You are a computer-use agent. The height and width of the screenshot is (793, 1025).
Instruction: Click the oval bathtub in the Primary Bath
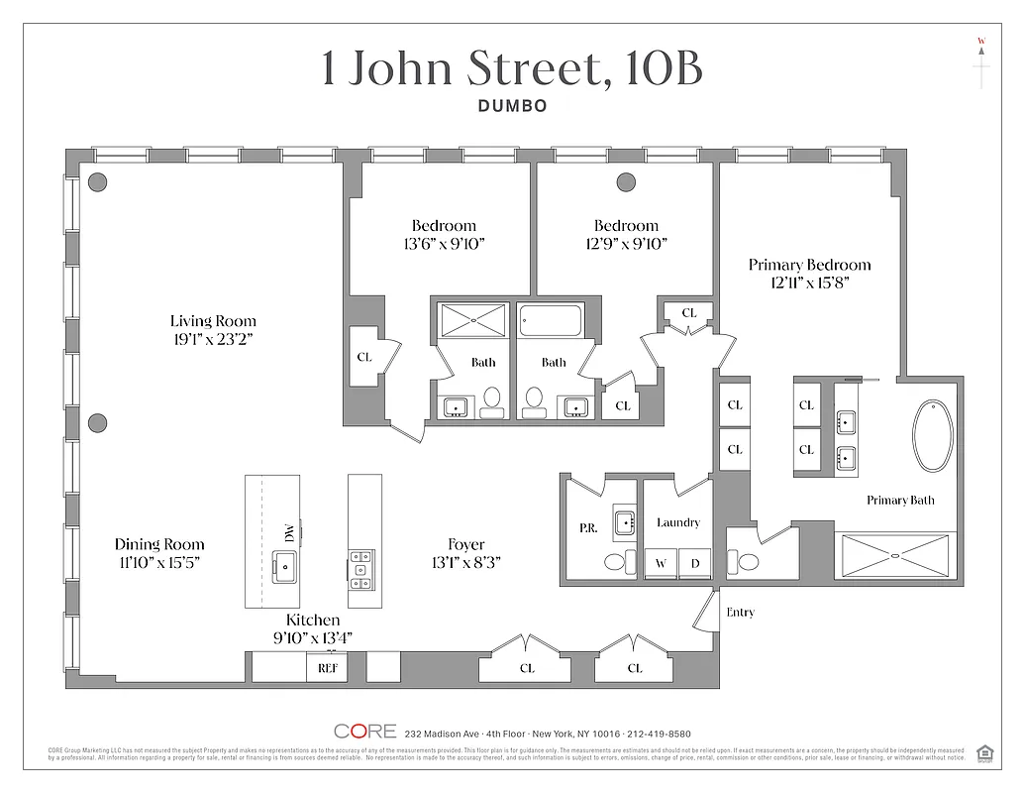(x=933, y=435)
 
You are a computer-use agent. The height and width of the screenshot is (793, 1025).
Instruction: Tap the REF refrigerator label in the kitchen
(x=327, y=668)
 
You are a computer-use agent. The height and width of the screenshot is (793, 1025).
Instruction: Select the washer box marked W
(x=660, y=564)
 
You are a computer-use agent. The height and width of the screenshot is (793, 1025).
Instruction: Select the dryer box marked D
(x=695, y=564)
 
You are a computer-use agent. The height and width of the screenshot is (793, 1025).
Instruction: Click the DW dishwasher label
(x=289, y=532)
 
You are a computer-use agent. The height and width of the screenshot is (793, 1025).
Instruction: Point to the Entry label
(x=740, y=613)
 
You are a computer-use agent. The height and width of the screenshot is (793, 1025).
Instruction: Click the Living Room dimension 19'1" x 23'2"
(x=213, y=339)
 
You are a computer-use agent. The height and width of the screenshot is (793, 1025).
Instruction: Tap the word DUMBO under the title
(x=512, y=106)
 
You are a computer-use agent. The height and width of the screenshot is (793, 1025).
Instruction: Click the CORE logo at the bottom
(x=364, y=732)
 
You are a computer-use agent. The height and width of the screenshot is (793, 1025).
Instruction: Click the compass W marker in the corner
(x=981, y=42)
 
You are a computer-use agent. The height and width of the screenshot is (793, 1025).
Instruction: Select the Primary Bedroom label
(x=809, y=265)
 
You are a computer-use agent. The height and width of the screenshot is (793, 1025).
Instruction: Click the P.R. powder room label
(x=587, y=528)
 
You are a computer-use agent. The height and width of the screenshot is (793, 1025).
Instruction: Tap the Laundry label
(x=677, y=522)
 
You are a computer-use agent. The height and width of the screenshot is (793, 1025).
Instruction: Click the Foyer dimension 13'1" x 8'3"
(x=465, y=562)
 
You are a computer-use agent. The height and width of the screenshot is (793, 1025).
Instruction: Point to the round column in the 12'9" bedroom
(x=626, y=181)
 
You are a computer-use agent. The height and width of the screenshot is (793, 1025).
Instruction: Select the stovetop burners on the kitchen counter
(x=360, y=570)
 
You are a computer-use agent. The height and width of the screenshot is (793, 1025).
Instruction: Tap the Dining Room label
(x=159, y=544)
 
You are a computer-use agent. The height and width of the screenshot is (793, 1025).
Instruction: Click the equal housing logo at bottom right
(x=984, y=752)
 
